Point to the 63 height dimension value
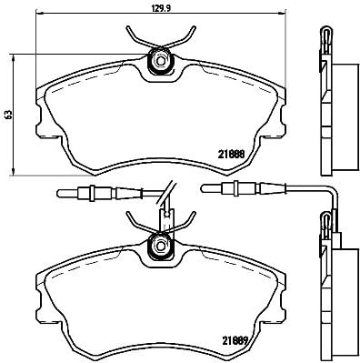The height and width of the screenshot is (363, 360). point(8,114)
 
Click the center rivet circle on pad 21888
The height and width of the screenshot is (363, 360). point(161,63)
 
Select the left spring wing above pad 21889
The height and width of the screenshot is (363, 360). point(139,222)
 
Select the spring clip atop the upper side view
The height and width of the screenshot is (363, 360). point(325,41)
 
